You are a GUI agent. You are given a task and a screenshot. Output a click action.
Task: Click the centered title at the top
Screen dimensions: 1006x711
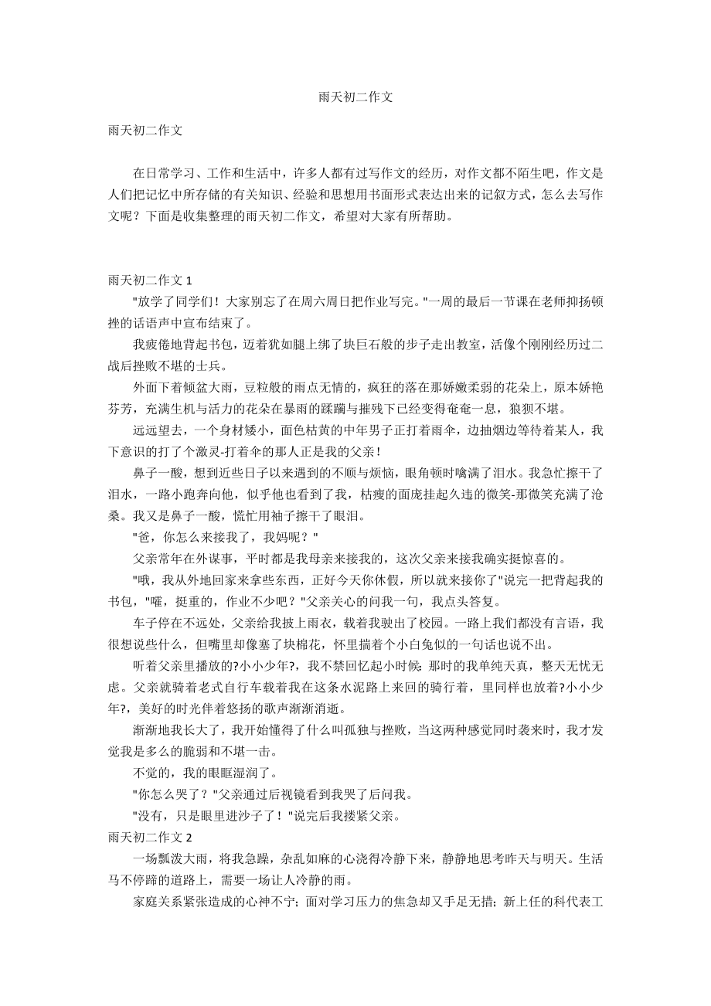[355, 98]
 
